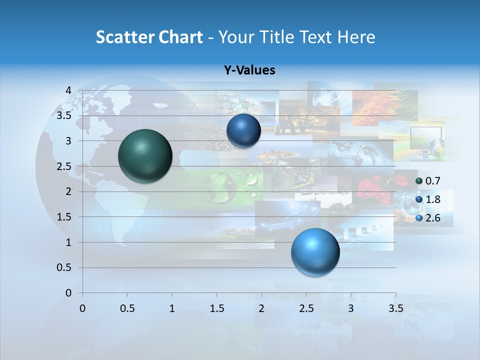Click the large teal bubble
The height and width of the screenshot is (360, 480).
point(145,156)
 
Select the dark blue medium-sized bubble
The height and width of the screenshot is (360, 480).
point(243,130)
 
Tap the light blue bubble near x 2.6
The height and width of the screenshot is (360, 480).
point(315,252)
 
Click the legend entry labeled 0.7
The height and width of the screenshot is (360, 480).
point(432,181)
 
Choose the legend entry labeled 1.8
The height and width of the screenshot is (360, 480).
point(432,199)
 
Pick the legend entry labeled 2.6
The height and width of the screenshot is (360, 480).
point(432,218)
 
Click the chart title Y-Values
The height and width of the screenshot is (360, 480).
point(249,70)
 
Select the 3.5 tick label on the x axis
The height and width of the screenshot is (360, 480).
point(395,308)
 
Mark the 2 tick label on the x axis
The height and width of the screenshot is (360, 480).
point(261,308)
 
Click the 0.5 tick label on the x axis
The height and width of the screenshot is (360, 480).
point(127,308)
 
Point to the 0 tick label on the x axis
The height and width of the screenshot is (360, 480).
point(82,308)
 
